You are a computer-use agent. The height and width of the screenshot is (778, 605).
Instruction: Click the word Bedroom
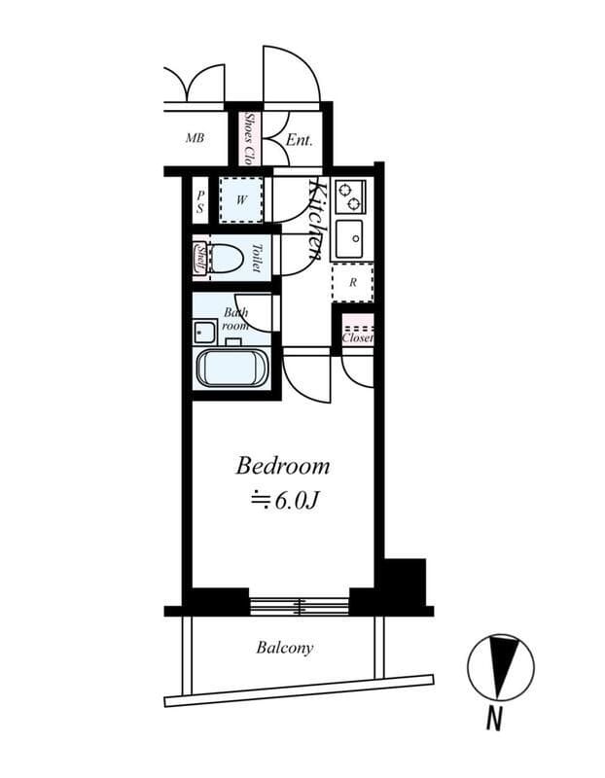282,467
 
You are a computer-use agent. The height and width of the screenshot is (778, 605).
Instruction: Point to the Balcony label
285,648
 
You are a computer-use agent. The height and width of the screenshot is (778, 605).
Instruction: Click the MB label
195,138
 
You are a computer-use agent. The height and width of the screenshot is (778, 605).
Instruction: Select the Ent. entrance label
300,140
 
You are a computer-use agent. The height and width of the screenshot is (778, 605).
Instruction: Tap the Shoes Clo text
250,139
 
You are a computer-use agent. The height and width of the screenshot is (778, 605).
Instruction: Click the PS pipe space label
200,202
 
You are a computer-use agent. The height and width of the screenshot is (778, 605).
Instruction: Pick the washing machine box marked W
241,200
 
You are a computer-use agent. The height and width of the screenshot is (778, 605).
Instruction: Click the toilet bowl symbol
227,258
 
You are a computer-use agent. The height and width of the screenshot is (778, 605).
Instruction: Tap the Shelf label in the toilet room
200,257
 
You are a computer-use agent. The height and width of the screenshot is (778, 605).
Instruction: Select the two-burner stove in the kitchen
350,196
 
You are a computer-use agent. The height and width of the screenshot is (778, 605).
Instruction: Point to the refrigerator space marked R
352,283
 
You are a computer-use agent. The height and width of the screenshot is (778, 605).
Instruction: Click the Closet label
357,337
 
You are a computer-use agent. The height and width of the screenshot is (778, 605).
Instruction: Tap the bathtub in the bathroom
232,368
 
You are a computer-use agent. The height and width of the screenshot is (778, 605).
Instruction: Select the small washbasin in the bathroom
204,332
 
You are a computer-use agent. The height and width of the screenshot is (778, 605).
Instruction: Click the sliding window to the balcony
300,606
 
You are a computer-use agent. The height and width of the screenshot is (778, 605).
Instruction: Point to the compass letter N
493,717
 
